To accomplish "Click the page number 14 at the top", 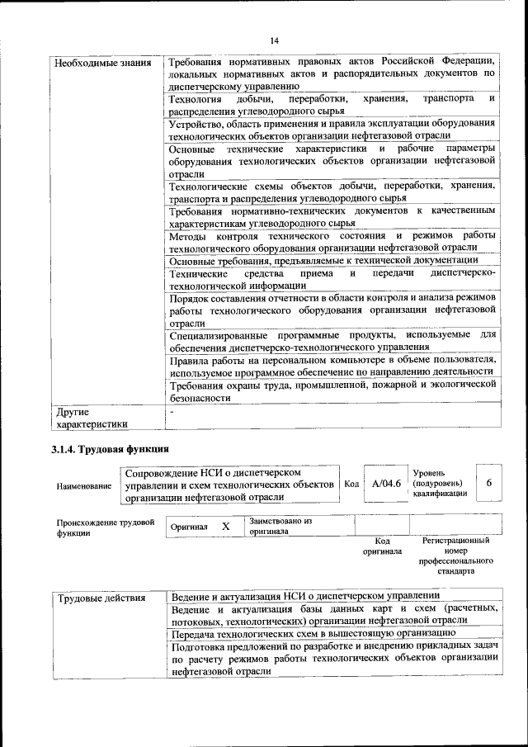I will tap(274, 38).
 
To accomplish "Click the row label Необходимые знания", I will tap(102, 62).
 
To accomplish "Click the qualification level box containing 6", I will tap(488, 483).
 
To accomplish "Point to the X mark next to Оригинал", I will tap(225, 526).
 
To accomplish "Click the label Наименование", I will tap(83, 486).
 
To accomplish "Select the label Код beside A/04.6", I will tap(351, 484).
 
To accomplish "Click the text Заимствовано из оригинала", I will tap(280, 527).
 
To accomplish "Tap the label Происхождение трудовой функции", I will tap(106, 527).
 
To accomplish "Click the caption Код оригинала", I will tap(382, 546).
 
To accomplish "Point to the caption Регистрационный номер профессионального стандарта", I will tap(455, 556).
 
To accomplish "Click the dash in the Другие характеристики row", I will tap(171, 411).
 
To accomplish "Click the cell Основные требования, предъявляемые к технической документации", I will tap(329, 261).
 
